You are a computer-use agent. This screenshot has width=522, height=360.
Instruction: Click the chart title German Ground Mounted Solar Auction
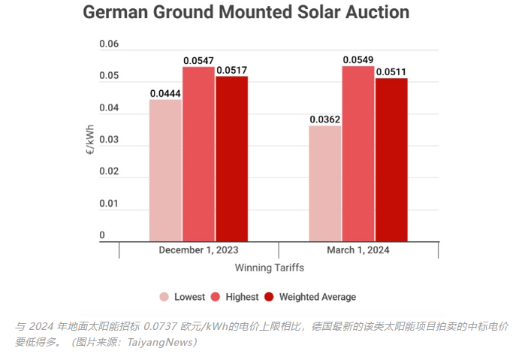click(246, 13)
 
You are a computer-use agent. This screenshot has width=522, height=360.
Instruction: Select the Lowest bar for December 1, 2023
click(165, 170)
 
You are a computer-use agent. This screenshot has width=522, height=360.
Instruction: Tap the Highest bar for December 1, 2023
click(198, 154)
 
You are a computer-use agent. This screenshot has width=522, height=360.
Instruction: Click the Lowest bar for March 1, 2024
click(325, 183)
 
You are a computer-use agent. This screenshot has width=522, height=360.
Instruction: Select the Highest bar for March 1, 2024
click(358, 153)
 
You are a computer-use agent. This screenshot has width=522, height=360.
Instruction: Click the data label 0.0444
click(165, 93)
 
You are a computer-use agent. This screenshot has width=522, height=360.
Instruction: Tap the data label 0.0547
click(198, 60)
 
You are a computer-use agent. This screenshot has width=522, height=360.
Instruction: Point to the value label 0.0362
click(325, 119)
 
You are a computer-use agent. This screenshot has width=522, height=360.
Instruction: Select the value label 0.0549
click(358, 59)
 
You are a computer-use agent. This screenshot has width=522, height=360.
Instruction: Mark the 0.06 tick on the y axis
click(109, 44)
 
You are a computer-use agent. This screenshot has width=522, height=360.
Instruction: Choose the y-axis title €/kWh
click(89, 140)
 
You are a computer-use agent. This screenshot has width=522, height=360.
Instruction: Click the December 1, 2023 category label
click(198, 250)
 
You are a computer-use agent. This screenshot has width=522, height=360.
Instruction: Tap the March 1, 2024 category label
click(358, 250)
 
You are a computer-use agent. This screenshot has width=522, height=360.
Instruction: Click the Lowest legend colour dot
click(164, 297)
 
